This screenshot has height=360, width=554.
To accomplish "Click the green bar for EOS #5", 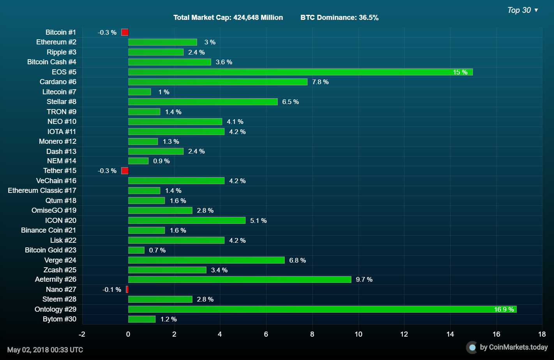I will [x=300, y=72].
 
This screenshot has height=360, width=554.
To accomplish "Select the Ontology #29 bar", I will [x=322, y=309].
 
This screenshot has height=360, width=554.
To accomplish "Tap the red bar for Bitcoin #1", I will [x=125, y=32].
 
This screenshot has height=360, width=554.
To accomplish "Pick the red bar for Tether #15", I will [x=125, y=171].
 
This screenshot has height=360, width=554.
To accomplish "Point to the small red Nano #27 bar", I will [x=127, y=289].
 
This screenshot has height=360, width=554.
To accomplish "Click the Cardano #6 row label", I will [x=58, y=82].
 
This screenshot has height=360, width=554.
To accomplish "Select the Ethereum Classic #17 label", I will [x=42, y=191].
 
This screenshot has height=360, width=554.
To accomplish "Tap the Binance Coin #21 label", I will [x=49, y=230].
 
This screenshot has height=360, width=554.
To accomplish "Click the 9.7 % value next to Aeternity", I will [x=364, y=279].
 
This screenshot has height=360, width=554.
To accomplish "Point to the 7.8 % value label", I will [x=320, y=82].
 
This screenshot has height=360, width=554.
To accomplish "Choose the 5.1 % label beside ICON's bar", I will [x=258, y=221].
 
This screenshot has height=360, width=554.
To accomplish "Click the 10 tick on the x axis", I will [x=358, y=334].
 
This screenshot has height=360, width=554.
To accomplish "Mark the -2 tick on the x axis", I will [x=82, y=334].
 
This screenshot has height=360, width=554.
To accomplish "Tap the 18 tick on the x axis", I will [x=542, y=334].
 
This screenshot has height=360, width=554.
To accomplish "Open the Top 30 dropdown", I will [x=522, y=10].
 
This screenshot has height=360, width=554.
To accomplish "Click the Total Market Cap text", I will [x=228, y=18].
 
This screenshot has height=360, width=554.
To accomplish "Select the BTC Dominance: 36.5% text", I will [x=339, y=18].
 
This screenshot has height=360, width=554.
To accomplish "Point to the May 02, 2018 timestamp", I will [x=45, y=349].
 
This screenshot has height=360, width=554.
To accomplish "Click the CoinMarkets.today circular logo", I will [x=472, y=347].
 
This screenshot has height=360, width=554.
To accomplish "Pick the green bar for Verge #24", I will [x=206, y=260].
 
